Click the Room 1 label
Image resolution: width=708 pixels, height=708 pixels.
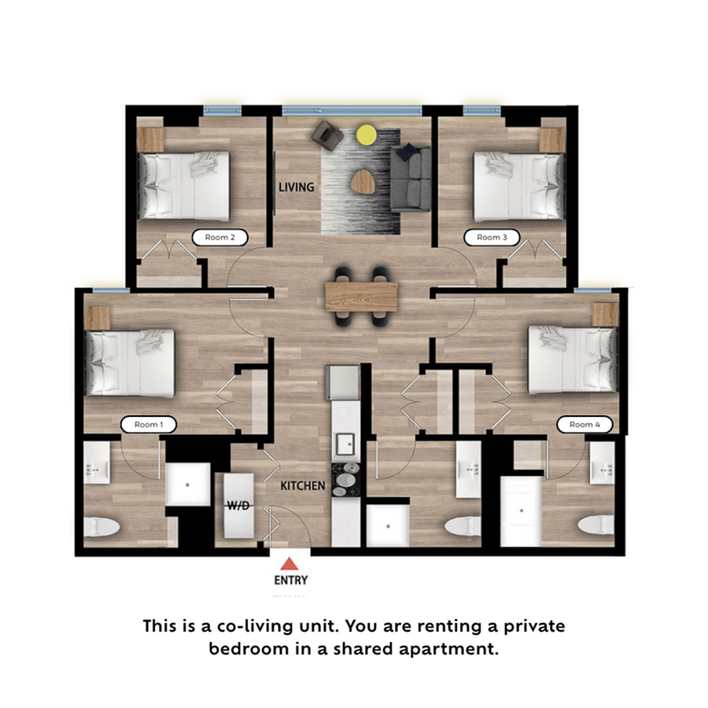(148, 425)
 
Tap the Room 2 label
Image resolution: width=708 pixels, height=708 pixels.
(220, 237)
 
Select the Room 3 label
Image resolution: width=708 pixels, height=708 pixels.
(492, 237)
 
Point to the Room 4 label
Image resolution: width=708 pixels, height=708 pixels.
(584, 425)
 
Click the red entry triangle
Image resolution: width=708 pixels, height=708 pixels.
(289, 563)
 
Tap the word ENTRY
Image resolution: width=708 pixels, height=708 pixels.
(291, 580)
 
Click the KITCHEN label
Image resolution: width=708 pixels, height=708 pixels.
(303, 486)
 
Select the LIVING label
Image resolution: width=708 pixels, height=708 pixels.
(297, 187)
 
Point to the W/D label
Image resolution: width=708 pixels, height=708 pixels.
(238, 506)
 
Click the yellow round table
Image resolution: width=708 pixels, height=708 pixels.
(366, 135)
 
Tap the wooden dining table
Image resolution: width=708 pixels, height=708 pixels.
(361, 297)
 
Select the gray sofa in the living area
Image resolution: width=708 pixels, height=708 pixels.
(410, 178)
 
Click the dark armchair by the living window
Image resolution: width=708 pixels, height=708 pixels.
(327, 135)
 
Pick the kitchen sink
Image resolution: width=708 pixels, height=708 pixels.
(346, 444)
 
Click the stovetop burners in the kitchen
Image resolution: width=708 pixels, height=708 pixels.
(346, 480)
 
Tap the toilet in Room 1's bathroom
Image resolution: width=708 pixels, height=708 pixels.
(101, 526)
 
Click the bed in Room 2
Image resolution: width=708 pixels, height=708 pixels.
(184, 186)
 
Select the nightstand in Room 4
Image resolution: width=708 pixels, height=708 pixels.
(605, 315)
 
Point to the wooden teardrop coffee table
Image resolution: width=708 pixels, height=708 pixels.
(363, 182)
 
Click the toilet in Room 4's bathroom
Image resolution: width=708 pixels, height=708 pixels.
(596, 525)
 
